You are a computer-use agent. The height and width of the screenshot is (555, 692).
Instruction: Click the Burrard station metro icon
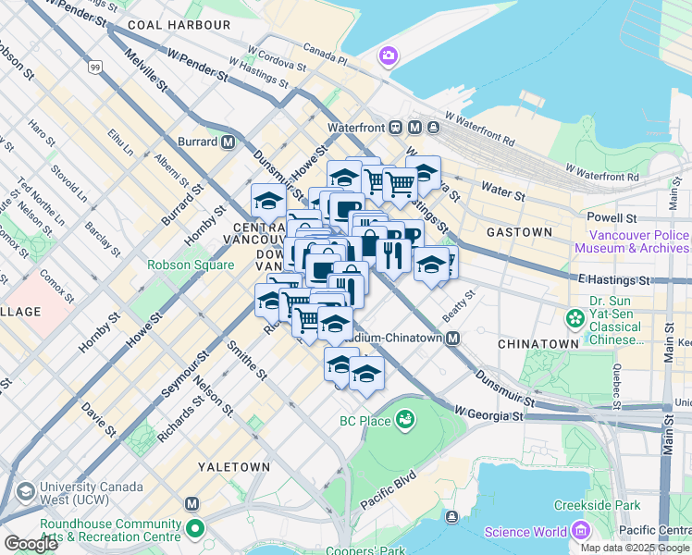click(228, 142)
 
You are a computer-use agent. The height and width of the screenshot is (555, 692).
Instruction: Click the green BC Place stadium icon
click(404, 422)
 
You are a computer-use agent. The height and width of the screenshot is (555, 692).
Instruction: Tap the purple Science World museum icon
click(580, 531)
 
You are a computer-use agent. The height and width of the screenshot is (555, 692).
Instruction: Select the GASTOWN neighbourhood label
click(519, 232)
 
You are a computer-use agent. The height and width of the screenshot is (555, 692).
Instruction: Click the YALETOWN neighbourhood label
click(234, 467)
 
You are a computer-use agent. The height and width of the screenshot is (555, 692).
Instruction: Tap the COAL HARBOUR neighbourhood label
click(179, 25)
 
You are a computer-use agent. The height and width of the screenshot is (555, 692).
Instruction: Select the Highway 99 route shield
click(96, 67)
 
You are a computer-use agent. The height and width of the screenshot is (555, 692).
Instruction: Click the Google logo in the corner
click(31, 544)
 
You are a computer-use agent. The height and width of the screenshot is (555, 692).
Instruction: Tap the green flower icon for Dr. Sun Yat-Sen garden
click(575, 318)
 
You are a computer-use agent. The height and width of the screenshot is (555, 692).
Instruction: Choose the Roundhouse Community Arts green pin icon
click(195, 530)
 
